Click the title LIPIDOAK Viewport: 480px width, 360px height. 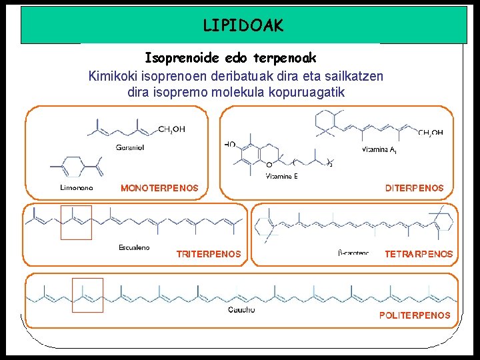(x=243, y=26)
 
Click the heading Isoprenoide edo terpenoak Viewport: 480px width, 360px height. (x=230, y=58)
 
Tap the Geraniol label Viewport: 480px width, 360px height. (x=129, y=147)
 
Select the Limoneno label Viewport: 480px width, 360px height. (x=76, y=188)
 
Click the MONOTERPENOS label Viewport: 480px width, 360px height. (x=159, y=189)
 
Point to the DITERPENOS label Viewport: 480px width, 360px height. (x=414, y=189)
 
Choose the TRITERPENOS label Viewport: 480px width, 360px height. (x=209, y=254)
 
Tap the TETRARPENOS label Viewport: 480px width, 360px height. (x=419, y=254)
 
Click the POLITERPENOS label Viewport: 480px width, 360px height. (x=415, y=315)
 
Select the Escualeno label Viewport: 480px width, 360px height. (x=134, y=248)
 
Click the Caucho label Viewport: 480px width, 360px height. (x=241, y=310)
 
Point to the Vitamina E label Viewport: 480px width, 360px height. (x=281, y=176)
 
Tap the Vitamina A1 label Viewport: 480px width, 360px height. (x=379, y=151)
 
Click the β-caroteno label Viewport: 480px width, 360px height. (x=353, y=253)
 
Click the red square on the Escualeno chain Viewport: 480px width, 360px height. (x=76, y=222)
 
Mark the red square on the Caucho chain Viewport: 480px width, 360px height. (x=87, y=295)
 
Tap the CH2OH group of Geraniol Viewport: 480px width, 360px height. (x=172, y=129)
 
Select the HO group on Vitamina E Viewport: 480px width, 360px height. (x=230, y=144)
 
